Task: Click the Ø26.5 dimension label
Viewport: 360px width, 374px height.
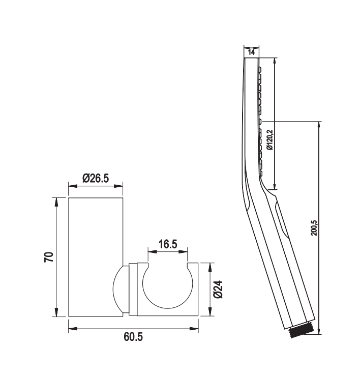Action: coord(96,178)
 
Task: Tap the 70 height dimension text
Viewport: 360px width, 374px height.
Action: coord(49,257)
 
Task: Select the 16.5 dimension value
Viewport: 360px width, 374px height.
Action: coord(168,244)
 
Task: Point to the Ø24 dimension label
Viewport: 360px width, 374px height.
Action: coord(218,290)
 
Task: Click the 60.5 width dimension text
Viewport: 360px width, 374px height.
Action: coord(133,337)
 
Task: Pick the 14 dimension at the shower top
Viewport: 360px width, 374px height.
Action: coord(251,52)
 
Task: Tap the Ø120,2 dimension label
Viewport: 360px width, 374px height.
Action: coord(270,140)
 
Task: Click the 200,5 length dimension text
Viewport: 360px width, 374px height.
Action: coord(314,228)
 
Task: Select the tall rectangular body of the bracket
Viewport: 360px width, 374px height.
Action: coord(96,257)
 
